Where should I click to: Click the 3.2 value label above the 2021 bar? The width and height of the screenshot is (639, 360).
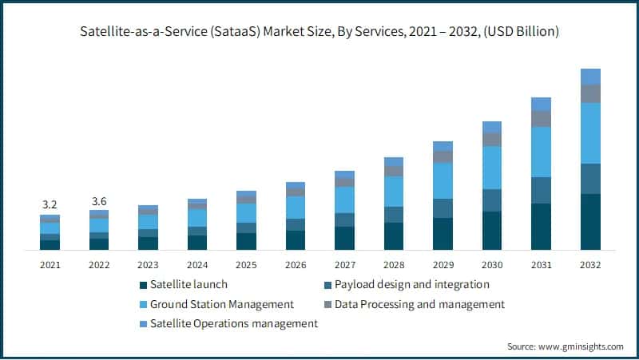(50, 204)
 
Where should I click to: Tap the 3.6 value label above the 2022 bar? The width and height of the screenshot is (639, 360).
(99, 200)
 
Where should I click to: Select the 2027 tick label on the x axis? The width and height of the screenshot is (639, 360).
(344, 264)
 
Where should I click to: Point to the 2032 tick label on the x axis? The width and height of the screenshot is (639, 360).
(590, 264)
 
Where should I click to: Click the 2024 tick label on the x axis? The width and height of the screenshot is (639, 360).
(197, 264)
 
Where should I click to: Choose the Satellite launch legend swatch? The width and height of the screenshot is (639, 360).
(143, 285)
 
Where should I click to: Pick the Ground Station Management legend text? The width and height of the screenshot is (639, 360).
(222, 304)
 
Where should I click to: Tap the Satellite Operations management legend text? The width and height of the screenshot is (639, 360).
(234, 323)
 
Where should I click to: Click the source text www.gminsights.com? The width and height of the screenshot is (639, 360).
(581, 346)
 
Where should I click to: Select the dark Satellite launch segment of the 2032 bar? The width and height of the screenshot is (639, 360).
(590, 222)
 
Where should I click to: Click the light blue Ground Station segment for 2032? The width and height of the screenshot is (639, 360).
(590, 133)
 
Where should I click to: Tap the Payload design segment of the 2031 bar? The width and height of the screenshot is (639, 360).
(541, 190)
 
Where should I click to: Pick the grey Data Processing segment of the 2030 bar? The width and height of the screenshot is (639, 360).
(492, 139)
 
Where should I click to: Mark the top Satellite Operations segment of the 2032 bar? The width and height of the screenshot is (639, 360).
(590, 77)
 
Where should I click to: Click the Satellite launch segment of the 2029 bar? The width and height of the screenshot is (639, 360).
(443, 234)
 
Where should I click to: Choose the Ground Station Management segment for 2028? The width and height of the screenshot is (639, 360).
(394, 192)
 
